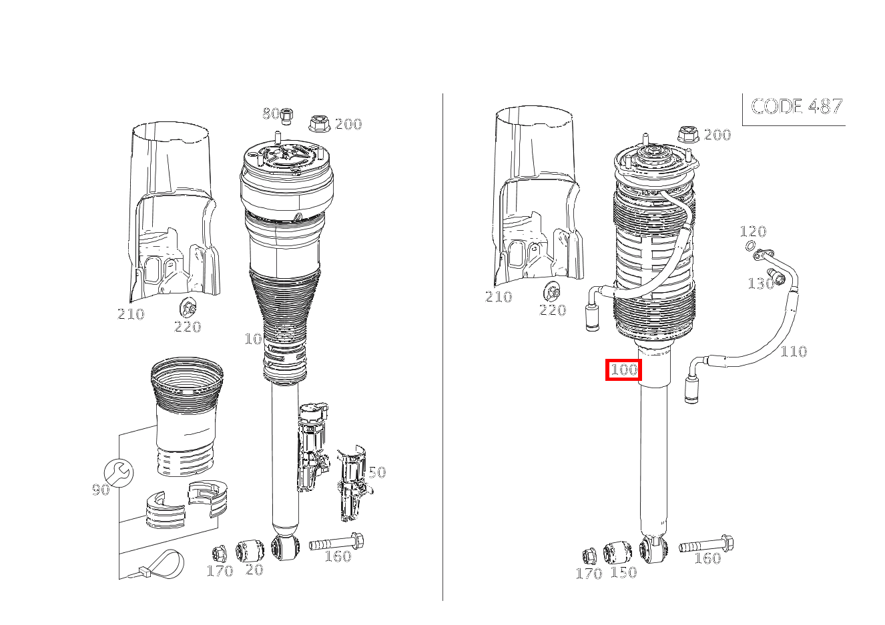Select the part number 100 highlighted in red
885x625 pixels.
[623, 370]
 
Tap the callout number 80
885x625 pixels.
[271, 113]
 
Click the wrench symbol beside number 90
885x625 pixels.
[119, 473]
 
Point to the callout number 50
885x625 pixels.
[377, 472]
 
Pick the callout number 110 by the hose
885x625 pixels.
[794, 351]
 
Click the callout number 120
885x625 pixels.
[753, 231]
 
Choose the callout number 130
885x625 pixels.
[761, 283]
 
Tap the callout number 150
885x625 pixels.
[624, 572]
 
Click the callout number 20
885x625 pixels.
[254, 570]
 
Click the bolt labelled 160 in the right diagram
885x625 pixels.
[706, 544]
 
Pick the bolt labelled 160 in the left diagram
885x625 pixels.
[336, 542]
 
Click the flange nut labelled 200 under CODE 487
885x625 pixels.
[689, 135]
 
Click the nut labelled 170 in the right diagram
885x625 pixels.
[590, 556]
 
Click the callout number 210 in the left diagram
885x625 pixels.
[131, 314]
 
